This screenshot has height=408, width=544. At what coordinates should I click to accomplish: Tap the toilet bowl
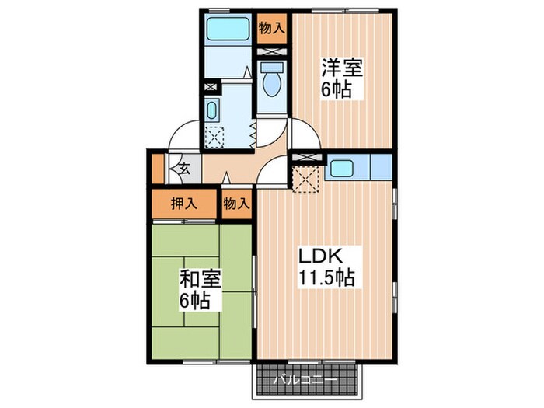pyautogui.click(x=272, y=81)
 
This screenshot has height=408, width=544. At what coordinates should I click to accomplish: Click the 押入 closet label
pyautogui.click(x=184, y=204)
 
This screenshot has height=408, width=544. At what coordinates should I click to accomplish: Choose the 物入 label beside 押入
pyautogui.click(x=237, y=204)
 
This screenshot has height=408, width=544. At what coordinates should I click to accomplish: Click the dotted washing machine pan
pyautogui.click(x=213, y=134)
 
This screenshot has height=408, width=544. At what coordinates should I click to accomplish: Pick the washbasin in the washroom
pyautogui.click(x=212, y=107)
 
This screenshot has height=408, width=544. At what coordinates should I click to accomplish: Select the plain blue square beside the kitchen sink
pyautogui.click(x=382, y=166)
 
